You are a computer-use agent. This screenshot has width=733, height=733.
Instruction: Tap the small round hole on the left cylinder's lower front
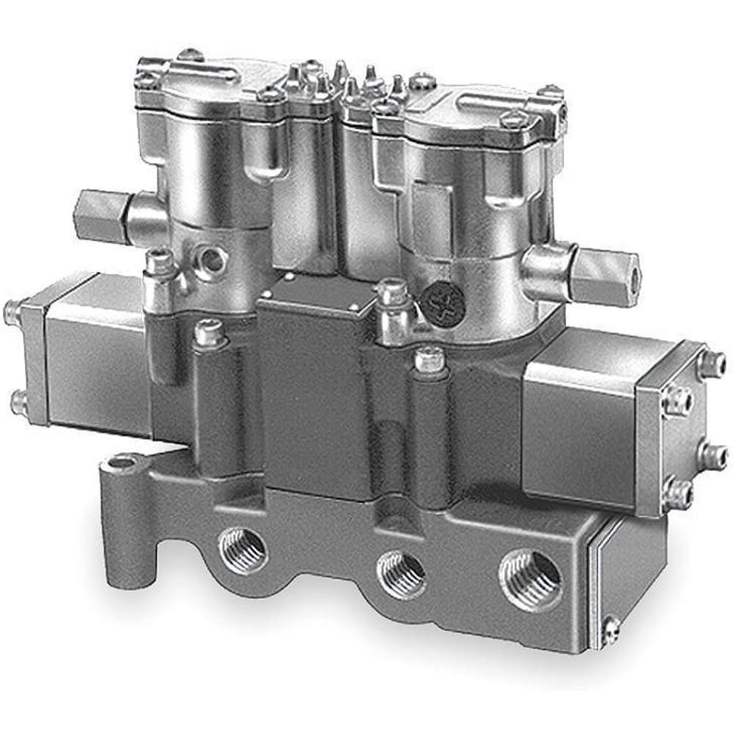coord(214,259)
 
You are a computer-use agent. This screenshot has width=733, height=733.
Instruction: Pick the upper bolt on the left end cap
coord(12,312)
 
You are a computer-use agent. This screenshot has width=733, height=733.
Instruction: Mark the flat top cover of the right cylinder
coord(476,110)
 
